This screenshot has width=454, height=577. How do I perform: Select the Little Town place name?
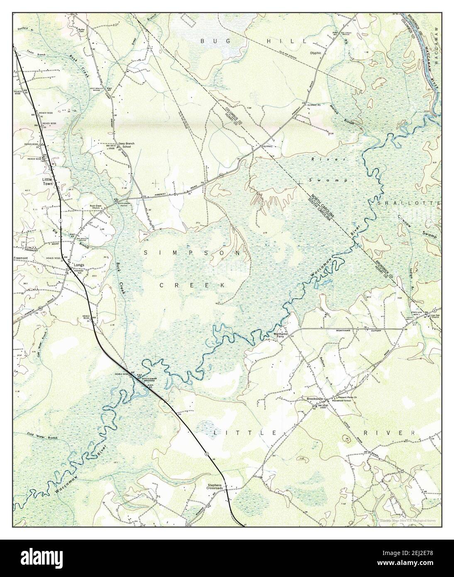[x=48, y=182]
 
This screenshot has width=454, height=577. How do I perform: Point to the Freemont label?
[x=21, y=258]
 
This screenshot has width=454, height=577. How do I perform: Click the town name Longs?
[x=79, y=264]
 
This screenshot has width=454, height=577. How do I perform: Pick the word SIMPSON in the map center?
[x=192, y=252]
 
